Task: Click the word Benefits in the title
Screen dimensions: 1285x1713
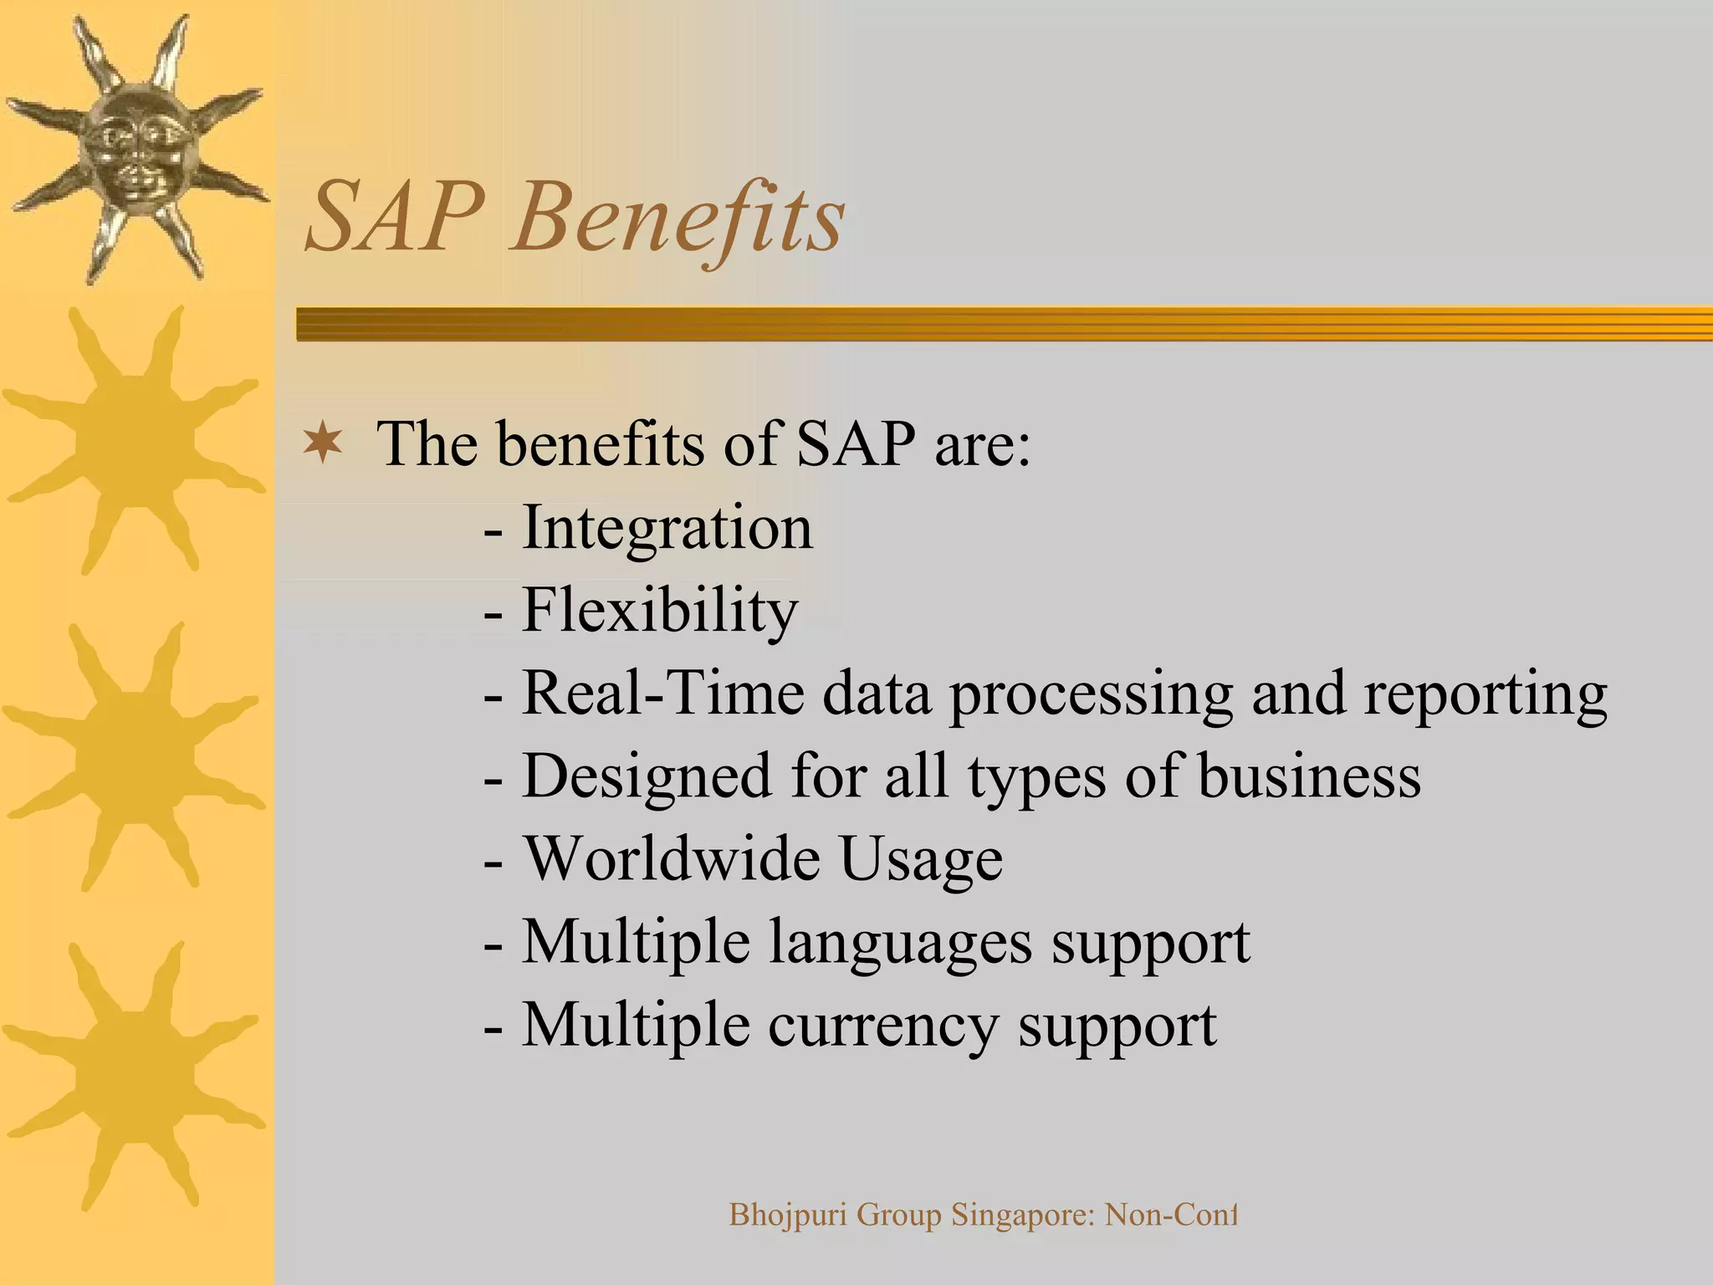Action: pyautogui.click(x=678, y=219)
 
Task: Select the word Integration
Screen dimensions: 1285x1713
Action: pyautogui.click(x=667, y=529)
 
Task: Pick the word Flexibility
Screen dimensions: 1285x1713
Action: pyautogui.click(x=660, y=611)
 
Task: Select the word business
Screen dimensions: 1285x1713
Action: pyautogui.click(x=1309, y=776)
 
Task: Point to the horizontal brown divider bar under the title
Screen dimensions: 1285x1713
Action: pyautogui.click(x=1004, y=324)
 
